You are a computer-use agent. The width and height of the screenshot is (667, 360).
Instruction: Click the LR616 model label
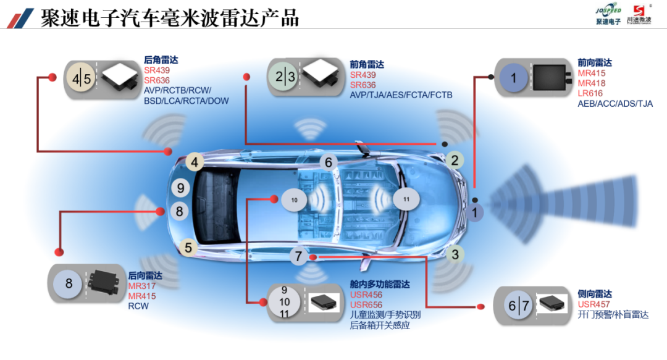point(591,93)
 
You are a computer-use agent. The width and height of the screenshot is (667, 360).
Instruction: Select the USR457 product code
point(594,304)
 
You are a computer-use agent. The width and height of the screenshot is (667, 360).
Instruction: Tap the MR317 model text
point(142,286)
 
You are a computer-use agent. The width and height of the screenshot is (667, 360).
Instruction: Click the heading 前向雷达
point(595,63)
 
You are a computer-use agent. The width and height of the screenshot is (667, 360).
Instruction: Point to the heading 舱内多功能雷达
point(379,285)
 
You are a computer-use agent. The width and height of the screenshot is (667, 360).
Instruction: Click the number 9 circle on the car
point(181,188)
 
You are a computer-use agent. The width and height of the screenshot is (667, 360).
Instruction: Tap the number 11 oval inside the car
point(406,200)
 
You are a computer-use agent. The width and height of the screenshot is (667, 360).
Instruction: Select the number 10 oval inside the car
point(294,201)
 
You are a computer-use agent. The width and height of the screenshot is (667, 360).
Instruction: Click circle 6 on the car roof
point(329,163)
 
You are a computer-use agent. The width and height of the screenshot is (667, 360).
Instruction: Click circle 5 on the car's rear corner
point(189,248)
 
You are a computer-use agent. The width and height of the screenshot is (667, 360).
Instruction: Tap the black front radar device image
point(548,77)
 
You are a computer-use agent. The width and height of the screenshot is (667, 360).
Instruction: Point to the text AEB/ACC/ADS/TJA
point(615,103)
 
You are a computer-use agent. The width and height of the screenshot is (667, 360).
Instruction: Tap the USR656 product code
point(366,304)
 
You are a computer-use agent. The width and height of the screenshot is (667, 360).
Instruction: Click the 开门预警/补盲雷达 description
point(613,314)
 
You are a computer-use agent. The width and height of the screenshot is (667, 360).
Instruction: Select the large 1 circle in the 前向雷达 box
point(513,78)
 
